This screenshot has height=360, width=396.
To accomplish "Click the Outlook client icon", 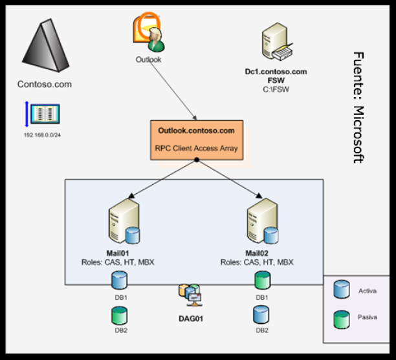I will [x=149, y=32].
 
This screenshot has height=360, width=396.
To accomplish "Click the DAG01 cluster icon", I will [x=191, y=295].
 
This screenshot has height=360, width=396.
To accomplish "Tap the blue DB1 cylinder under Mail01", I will [x=120, y=281].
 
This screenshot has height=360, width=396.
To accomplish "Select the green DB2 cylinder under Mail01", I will [x=120, y=315].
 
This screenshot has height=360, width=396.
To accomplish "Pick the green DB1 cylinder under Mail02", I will [x=262, y=281].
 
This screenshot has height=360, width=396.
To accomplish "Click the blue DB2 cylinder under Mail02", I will [x=262, y=315].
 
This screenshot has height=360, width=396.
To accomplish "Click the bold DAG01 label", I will [x=192, y=318].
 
